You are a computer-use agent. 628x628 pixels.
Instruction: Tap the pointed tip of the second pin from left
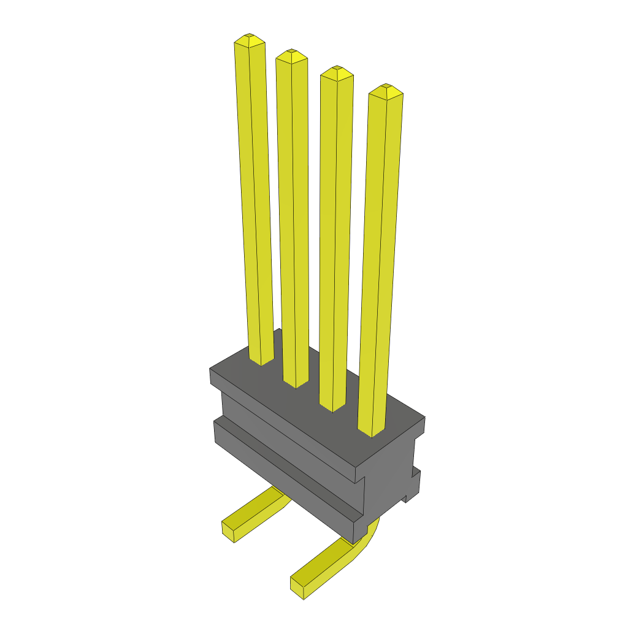tap(291, 56)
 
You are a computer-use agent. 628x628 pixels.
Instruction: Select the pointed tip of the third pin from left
tap(337, 72)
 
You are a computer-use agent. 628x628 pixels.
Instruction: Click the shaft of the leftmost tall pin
tap(255, 202)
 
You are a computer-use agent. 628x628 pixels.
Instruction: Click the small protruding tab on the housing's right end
tap(415, 481)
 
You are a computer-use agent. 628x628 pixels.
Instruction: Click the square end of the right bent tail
tap(299, 586)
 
